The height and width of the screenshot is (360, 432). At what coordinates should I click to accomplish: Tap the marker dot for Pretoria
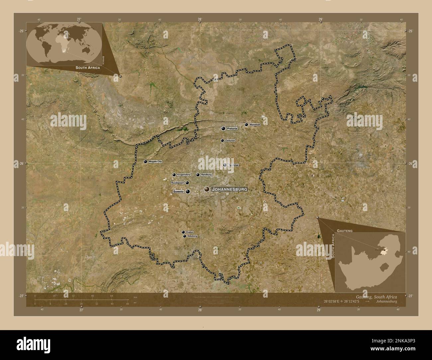pyautogui.click(x=223, y=128)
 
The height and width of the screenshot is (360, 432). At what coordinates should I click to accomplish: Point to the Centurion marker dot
pyautogui.click(x=222, y=140)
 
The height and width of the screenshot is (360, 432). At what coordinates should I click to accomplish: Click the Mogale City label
pyautogui.click(x=155, y=161)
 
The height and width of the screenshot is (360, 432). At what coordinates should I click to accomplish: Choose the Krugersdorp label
pyautogui.click(x=184, y=175)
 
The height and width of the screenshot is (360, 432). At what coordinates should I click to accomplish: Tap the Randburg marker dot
pyautogui.click(x=198, y=175)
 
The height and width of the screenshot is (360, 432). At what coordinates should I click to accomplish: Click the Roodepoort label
pyautogui.click(x=177, y=183)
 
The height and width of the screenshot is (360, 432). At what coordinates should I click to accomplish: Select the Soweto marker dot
pyautogui.click(x=188, y=191)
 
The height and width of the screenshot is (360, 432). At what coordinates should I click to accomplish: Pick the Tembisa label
pyautogui.click(x=233, y=165)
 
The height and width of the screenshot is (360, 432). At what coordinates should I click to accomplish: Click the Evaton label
pyautogui.click(x=190, y=232)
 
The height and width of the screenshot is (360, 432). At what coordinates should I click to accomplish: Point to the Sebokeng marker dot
pyautogui.click(x=184, y=236)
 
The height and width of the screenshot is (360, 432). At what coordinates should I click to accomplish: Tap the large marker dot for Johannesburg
pyautogui.click(x=207, y=189)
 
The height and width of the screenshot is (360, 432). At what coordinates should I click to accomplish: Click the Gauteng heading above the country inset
pyautogui.click(x=345, y=230)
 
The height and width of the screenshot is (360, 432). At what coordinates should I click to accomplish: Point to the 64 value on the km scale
pyautogui.click(x=112, y=296)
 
